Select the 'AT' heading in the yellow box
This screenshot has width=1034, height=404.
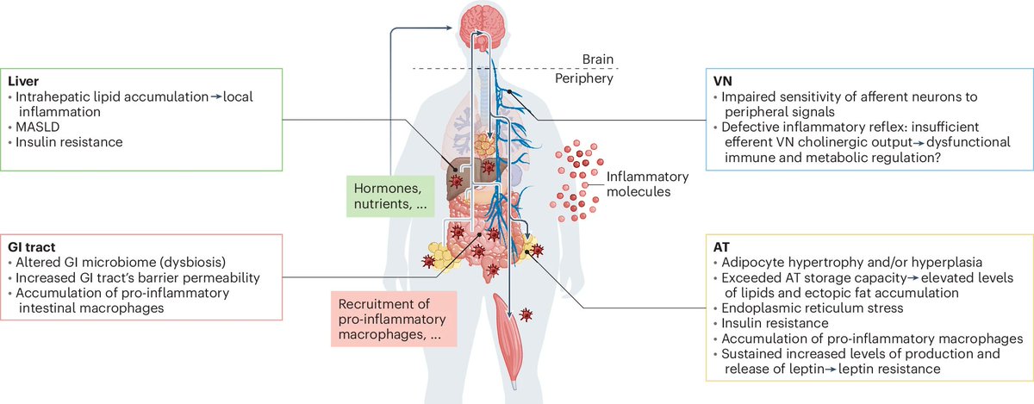[x=721, y=246]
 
